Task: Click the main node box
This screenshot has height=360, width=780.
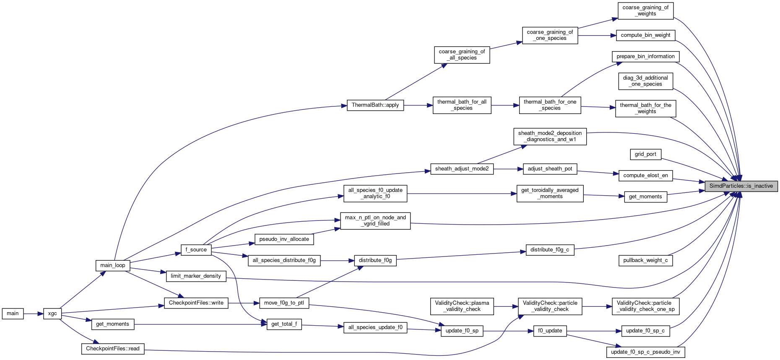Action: tap(13, 313)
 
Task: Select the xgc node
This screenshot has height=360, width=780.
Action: tap(52, 313)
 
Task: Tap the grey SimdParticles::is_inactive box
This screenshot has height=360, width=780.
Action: tap(741, 186)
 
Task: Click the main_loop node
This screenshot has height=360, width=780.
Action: tap(112, 265)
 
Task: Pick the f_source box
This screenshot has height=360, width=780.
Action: tap(196, 250)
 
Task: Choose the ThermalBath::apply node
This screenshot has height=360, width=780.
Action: tap(375, 105)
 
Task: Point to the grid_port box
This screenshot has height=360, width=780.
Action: tap(645, 154)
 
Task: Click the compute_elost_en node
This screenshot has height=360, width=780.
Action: tap(645, 176)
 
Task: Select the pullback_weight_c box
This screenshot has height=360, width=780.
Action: tap(645, 260)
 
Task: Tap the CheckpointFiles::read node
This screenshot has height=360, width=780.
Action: tap(112, 349)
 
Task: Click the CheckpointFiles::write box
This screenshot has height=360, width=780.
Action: tap(196, 303)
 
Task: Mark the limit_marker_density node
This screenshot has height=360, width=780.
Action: tap(196, 276)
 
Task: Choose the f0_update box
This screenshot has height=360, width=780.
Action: tap(550, 331)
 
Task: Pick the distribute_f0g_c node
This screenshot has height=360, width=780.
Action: tap(549, 250)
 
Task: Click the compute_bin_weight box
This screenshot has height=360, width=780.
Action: tap(645, 35)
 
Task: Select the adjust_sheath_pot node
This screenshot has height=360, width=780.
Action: tap(550, 169)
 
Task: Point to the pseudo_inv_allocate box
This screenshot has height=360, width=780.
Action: tap(284, 239)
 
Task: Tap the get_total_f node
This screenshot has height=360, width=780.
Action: tap(284, 324)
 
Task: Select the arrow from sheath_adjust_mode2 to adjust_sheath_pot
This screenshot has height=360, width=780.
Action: tap(508, 169)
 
